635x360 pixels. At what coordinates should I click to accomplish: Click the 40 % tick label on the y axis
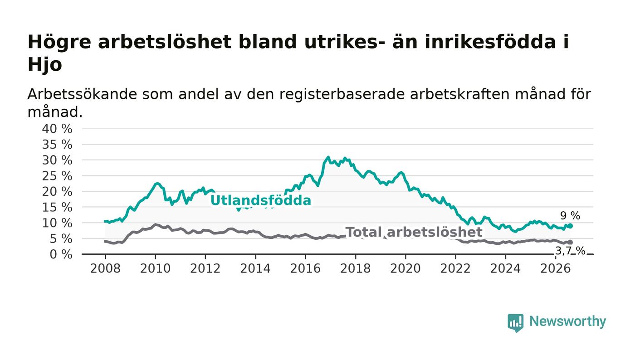57,129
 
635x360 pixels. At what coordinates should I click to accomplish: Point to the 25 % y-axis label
57,176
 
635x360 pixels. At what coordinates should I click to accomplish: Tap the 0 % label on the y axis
61,254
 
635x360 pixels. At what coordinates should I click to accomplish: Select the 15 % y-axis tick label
57,208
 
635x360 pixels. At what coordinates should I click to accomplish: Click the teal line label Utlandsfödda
261,200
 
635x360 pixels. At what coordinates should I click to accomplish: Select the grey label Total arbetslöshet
414,232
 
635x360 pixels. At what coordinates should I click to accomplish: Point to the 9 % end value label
570,216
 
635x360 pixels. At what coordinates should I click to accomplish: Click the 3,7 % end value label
570,251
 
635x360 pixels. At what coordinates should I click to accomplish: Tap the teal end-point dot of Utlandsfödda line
571,226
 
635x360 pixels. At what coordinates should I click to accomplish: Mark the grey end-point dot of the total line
571,243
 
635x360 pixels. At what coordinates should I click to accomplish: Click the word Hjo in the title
45,65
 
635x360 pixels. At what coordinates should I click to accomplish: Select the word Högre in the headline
59,43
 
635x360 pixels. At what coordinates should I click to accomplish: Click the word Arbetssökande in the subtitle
82,95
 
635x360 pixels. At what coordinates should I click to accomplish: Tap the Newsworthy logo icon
515,323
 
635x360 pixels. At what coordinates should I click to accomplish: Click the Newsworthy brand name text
567,322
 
